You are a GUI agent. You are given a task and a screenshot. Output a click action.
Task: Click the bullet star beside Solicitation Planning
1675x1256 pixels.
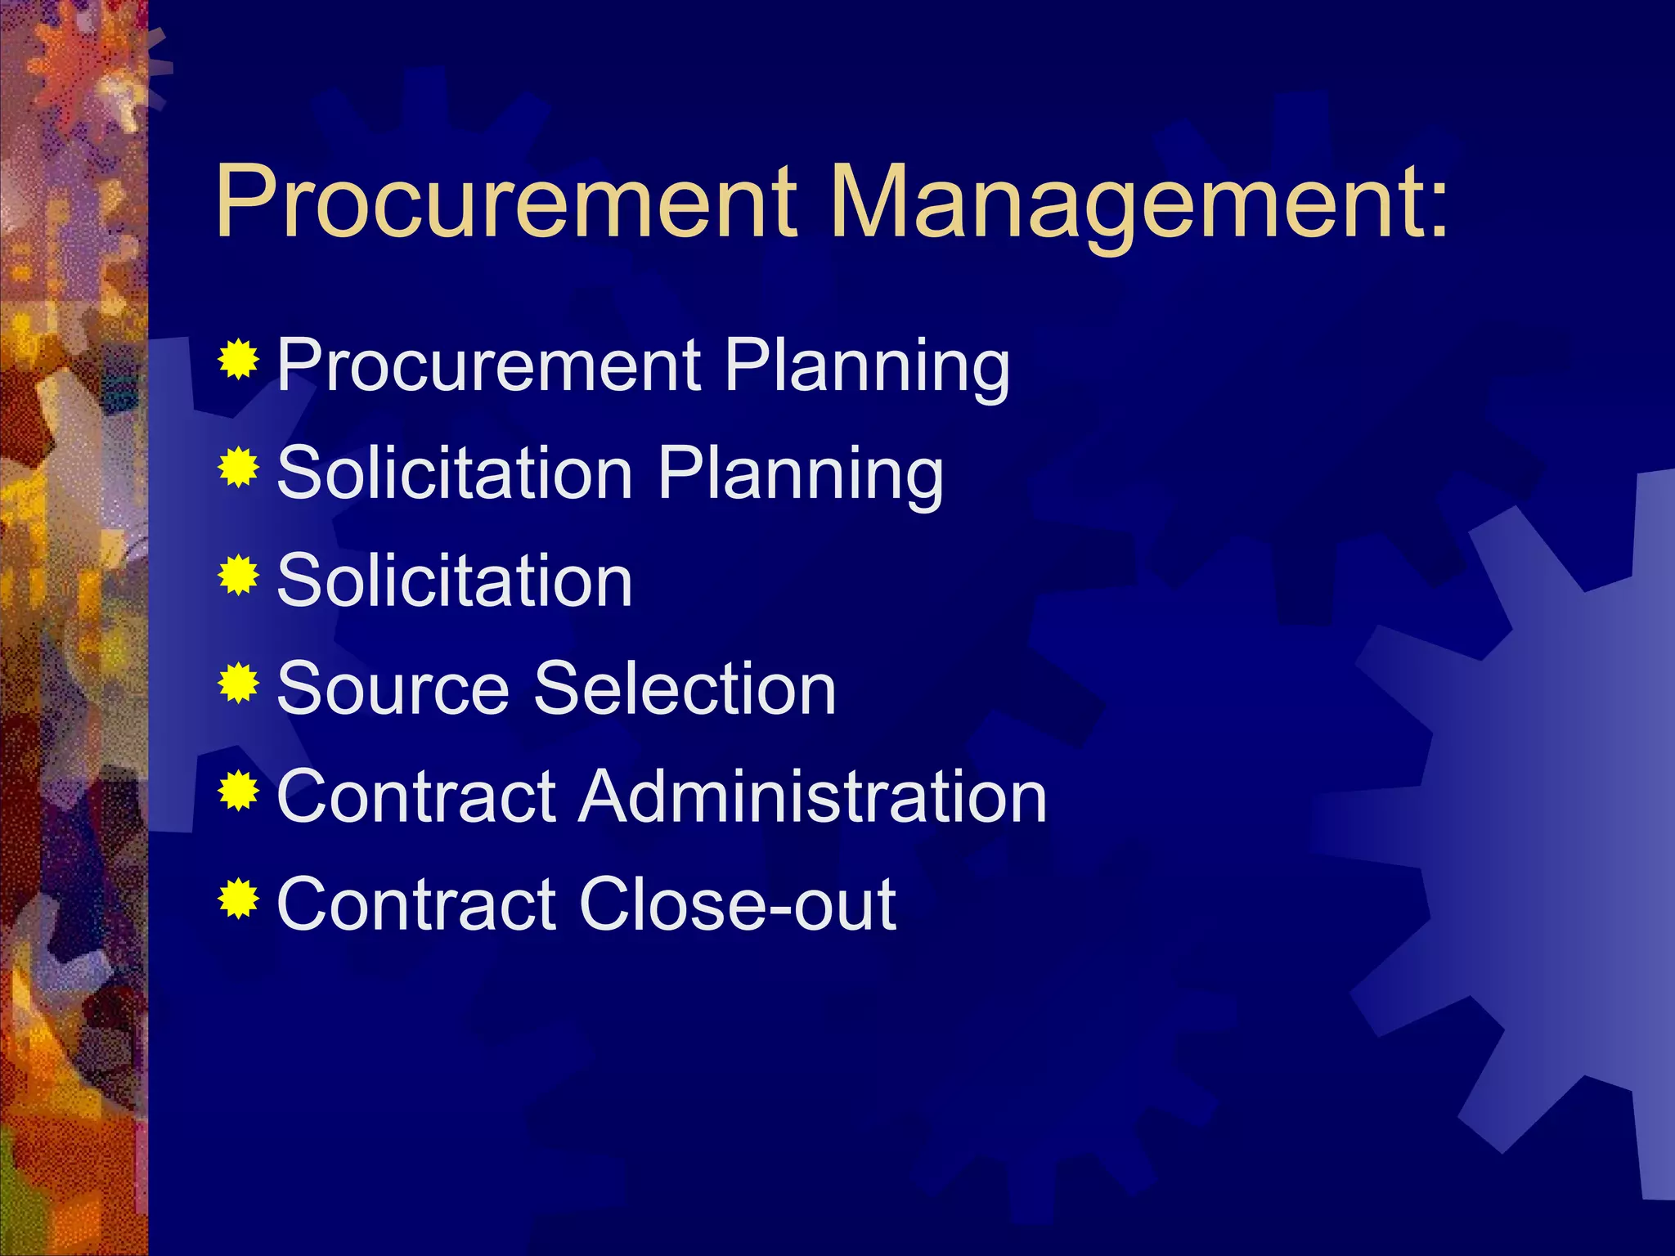click(x=239, y=467)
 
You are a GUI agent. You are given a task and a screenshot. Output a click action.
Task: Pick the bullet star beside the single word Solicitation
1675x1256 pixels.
click(x=239, y=575)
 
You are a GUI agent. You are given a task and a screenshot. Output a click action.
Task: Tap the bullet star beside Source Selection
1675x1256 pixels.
click(x=239, y=683)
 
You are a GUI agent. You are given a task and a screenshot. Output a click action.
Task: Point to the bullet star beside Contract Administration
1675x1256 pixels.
click(x=239, y=791)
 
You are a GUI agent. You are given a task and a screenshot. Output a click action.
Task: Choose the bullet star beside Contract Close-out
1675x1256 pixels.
click(x=239, y=899)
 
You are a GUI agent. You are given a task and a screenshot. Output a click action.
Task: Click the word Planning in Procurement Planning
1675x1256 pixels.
click(x=866, y=367)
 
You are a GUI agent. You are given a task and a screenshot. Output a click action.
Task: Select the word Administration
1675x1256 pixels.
click(x=813, y=797)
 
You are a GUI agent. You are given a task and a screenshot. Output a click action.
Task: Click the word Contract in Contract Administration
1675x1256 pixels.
click(x=416, y=797)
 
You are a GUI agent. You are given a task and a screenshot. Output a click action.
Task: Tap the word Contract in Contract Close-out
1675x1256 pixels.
click(x=416, y=905)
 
